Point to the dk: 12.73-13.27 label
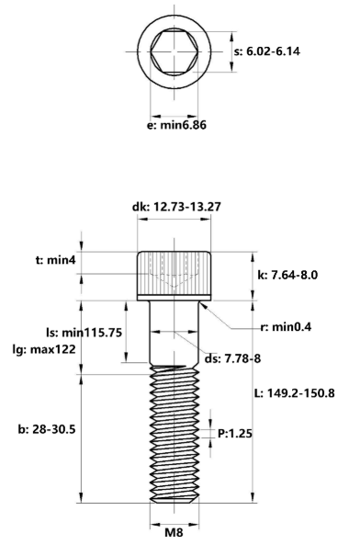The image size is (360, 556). click(176, 207)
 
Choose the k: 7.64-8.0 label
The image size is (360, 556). click(292, 275)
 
